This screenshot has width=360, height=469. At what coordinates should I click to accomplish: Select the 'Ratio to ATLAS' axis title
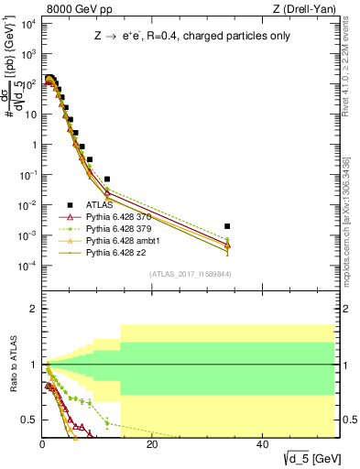tap(12, 364)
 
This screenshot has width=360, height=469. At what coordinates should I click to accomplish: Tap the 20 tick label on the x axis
tap(152, 444)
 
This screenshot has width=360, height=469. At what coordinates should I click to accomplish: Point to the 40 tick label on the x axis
tap(262, 444)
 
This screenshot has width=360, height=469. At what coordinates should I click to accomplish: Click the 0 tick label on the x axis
tap(42, 444)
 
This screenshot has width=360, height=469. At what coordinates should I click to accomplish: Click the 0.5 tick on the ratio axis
tap(29, 420)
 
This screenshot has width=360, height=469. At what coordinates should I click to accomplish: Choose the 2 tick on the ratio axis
tap(33, 309)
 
